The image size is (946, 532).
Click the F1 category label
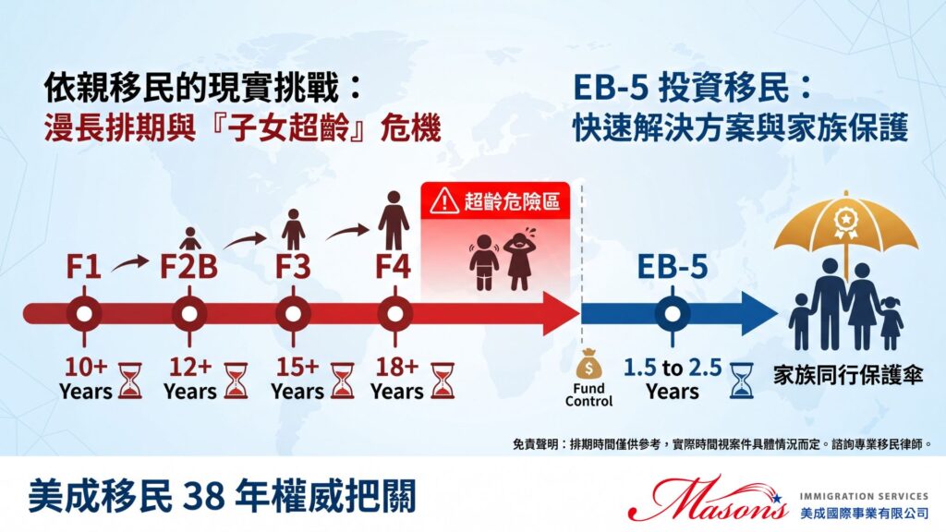(x=83, y=268)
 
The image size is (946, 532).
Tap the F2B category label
(x=189, y=268)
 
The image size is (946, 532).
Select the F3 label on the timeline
(x=294, y=268)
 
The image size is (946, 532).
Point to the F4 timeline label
(x=394, y=268)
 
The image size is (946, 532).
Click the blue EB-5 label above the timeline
(x=672, y=268)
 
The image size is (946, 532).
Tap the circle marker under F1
(x=84, y=313)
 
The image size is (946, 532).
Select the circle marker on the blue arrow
(x=672, y=313)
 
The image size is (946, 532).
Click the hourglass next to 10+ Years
(x=130, y=379)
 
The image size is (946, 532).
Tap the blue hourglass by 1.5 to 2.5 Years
(x=740, y=379)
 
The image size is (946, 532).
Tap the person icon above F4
(x=394, y=220)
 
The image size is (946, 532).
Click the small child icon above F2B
(x=190, y=239)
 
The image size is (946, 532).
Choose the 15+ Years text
(x=296, y=379)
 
